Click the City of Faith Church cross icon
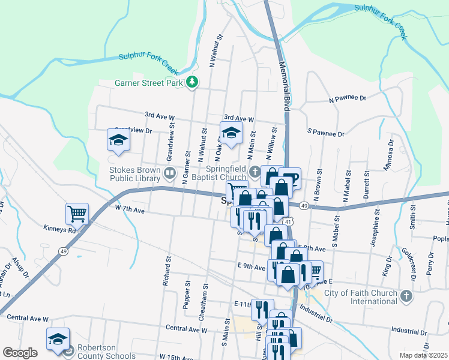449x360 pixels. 406,296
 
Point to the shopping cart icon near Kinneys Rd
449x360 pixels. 77,213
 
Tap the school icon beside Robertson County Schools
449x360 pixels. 58,338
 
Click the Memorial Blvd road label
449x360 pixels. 283,80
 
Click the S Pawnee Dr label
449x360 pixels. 325,132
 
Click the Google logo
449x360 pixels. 20,353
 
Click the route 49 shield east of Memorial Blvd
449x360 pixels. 304,206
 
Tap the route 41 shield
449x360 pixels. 290,222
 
